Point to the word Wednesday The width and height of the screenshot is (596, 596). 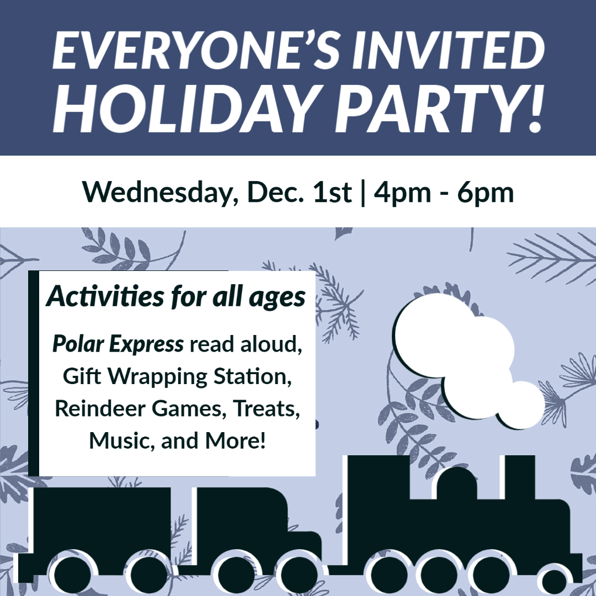[161, 193]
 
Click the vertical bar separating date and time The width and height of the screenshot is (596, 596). [363, 193]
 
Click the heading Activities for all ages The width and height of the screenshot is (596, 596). [175, 296]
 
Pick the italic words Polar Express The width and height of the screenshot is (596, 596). [118, 344]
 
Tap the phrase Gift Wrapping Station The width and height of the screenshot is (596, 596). [177, 376]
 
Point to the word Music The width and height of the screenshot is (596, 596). [122, 440]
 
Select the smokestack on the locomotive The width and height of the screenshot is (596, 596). [520, 477]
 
